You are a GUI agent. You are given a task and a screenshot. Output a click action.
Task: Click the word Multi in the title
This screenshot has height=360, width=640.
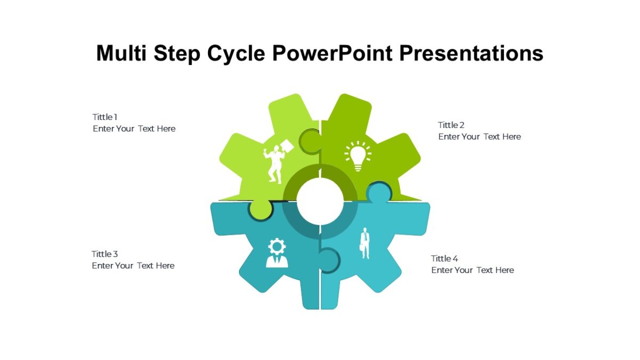pyautogui.click(x=122, y=53)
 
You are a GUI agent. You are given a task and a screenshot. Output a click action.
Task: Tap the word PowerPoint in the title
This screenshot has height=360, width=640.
pyautogui.click(x=332, y=53)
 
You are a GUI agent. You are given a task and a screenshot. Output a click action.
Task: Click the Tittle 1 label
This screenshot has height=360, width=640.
pyautogui.click(x=105, y=117)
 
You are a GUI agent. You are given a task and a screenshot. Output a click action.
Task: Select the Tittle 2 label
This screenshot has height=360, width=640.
pyautogui.click(x=451, y=125)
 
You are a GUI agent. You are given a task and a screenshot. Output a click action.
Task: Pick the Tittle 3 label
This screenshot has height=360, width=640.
pyautogui.click(x=105, y=254)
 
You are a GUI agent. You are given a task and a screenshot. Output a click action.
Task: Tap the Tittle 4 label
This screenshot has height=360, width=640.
pyautogui.click(x=444, y=259)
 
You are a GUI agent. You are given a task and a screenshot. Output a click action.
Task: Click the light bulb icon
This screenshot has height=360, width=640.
pyautogui.click(x=358, y=156)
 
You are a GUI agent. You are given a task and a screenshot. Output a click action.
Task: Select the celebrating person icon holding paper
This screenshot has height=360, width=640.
pyautogui.click(x=278, y=162)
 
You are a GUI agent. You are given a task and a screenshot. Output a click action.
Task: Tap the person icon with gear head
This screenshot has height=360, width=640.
pyautogui.click(x=277, y=253)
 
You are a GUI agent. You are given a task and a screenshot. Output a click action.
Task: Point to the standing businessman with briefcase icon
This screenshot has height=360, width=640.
pyautogui.click(x=365, y=243)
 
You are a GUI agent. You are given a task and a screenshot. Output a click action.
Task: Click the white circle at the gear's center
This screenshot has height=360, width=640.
pyautogui.click(x=320, y=201)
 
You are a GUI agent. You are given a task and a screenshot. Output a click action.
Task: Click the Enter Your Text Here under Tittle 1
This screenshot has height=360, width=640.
pyautogui.click(x=134, y=129)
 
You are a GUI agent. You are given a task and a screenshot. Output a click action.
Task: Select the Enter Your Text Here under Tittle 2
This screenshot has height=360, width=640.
pyautogui.click(x=479, y=137)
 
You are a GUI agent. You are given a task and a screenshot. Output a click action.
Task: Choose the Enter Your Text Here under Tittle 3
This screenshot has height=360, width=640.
pyautogui.click(x=133, y=266)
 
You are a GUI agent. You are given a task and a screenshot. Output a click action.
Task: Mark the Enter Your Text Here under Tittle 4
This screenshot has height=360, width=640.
pyautogui.click(x=473, y=270)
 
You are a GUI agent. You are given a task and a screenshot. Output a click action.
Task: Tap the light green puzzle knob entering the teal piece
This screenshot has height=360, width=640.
pyautogui.click(x=260, y=210)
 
